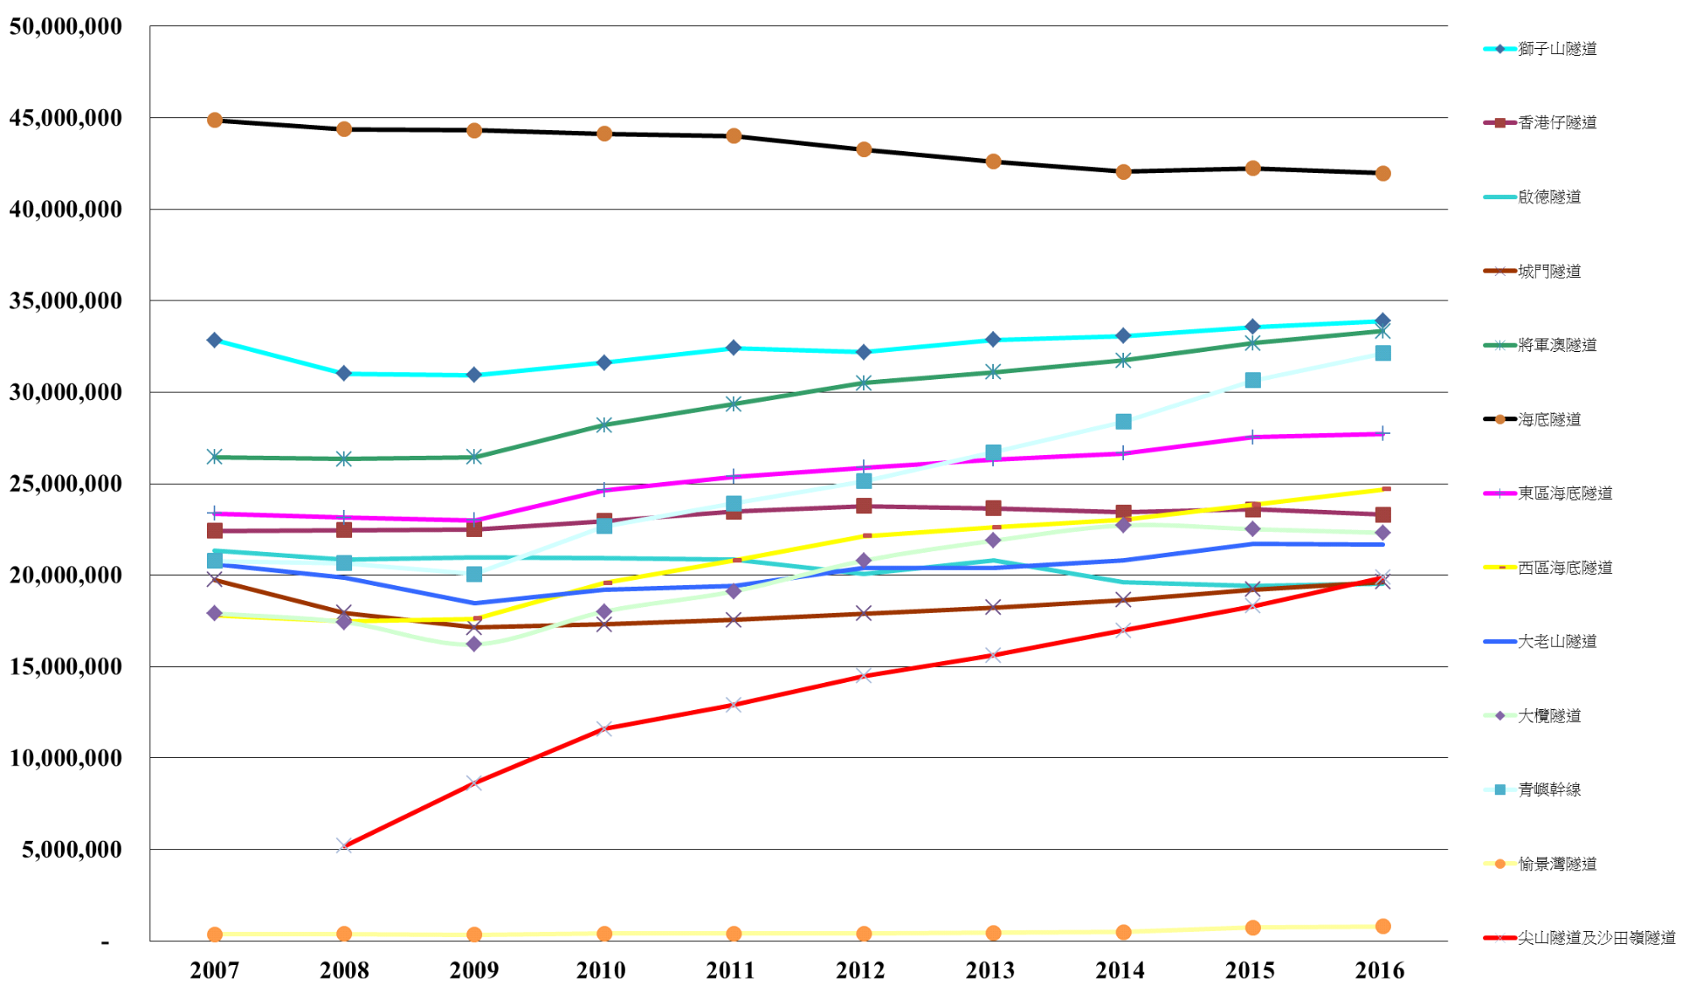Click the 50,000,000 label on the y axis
tap(66, 27)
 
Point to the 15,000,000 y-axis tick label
tap(66, 667)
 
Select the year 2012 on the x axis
tap(861, 970)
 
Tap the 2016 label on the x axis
tap(1380, 970)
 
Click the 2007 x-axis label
tap(215, 970)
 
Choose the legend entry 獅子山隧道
tap(1557, 49)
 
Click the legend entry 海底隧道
tap(1549, 420)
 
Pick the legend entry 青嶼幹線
tap(1549, 790)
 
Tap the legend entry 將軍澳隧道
tap(1557, 345)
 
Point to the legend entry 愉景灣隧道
tap(1557, 864)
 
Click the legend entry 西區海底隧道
tap(1565, 567)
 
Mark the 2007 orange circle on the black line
tap(215, 120)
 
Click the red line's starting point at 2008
tap(345, 845)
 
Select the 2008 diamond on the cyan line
tap(344, 373)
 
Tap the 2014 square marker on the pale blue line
tap(1123, 421)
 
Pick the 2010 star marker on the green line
tap(604, 425)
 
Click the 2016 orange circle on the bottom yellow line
tap(1382, 926)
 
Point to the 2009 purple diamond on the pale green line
tap(474, 644)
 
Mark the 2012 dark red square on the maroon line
tap(864, 506)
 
